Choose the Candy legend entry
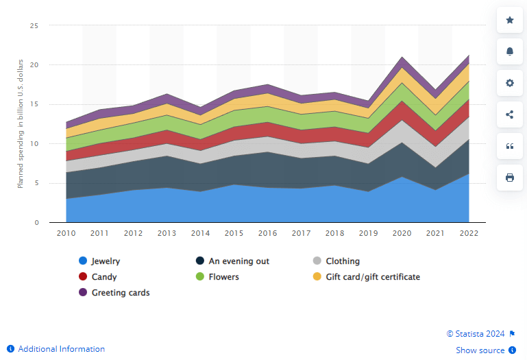point(103,277)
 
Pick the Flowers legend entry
point(223,277)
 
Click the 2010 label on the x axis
point(66,234)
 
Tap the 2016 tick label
point(267,234)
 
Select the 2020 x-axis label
point(402,234)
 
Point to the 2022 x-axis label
point(469,234)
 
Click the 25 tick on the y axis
point(34,26)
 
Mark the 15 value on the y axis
point(34,105)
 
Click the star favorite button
point(510,21)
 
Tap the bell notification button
point(510,52)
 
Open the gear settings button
point(510,83)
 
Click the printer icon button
point(510,178)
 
